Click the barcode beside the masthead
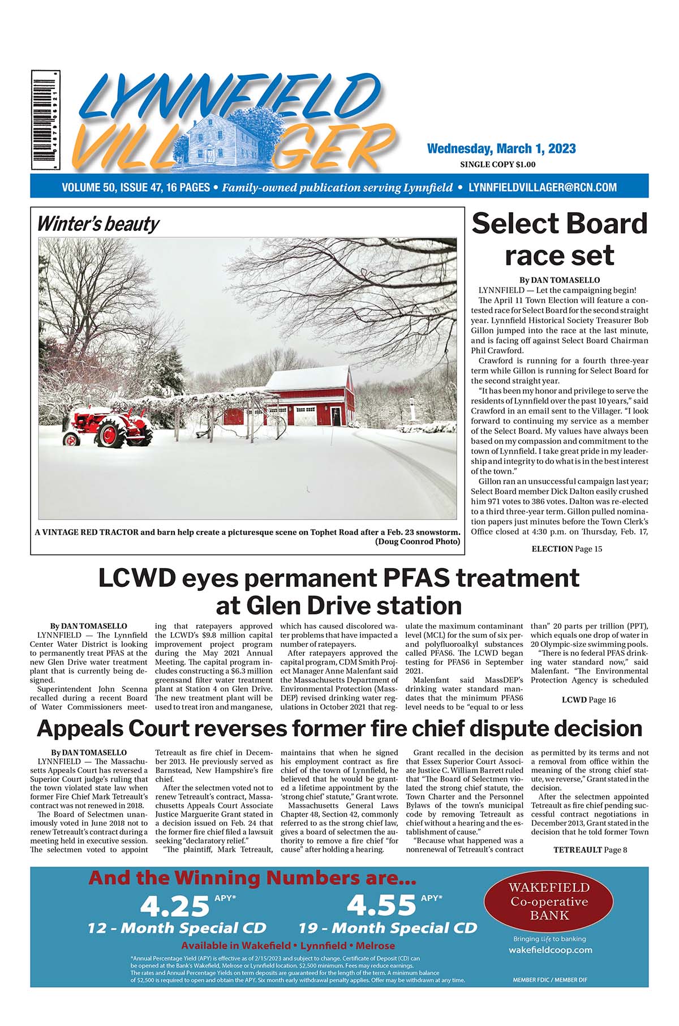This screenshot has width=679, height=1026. [46, 120]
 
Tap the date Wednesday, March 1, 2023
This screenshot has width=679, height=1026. [501, 149]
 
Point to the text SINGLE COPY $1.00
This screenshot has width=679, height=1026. [498, 165]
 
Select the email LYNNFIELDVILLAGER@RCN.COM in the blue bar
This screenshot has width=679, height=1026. [543, 187]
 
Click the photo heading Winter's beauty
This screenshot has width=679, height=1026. [98, 224]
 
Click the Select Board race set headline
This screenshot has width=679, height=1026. [559, 239]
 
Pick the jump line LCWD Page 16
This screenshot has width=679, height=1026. [588, 700]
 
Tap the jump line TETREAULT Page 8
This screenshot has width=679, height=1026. [590, 849]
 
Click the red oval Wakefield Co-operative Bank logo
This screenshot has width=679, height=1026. [549, 901]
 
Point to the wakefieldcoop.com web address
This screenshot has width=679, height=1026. [550, 950]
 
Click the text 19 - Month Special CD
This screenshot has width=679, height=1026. [388, 929]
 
